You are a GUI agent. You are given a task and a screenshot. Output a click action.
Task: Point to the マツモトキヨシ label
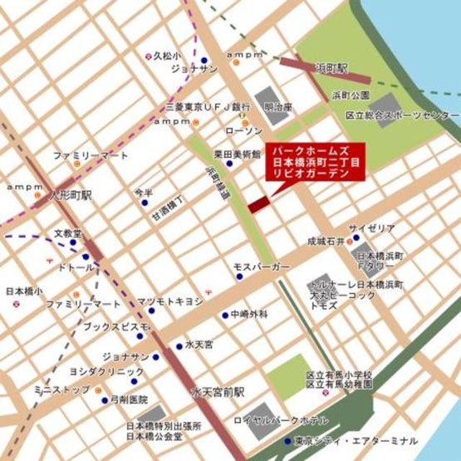(169, 302)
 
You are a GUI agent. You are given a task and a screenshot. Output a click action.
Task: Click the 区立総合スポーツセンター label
(402, 113)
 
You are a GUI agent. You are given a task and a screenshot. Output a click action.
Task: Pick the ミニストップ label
(61, 389)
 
